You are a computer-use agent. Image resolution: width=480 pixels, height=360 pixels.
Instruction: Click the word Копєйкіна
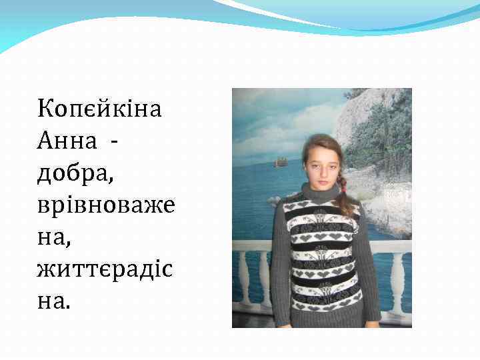[99, 108]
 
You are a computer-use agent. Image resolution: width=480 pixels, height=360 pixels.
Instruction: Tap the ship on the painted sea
[281, 161]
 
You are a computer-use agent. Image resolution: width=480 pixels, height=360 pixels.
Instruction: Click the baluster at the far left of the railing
[240, 280]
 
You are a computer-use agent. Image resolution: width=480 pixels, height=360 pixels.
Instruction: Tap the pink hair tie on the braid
[344, 189]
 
